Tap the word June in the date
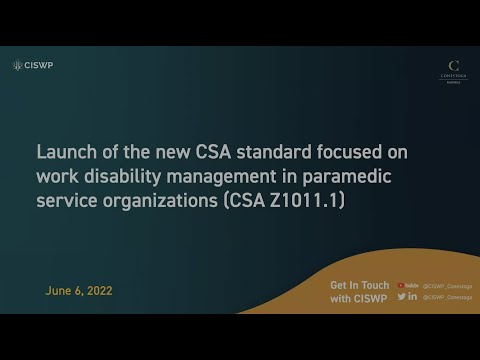point(61,291)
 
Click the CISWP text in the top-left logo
point(40,65)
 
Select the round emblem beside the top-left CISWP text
point(17,65)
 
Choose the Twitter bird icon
point(402,296)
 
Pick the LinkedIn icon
point(413,296)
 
